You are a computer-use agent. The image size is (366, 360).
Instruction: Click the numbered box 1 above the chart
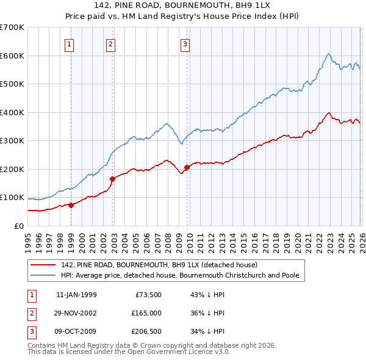pos(70,43)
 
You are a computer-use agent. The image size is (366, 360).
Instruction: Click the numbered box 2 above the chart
pos(110,43)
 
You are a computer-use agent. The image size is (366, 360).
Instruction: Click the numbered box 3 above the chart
pos(185,43)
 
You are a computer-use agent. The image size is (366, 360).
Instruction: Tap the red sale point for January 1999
pos(71,205)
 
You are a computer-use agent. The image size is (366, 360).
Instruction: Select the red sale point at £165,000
pos(113,179)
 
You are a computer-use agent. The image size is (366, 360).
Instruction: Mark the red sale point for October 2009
pos(187,167)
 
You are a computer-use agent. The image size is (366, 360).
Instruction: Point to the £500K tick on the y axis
pos(12,84)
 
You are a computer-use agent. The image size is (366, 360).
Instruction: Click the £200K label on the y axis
pos(12,169)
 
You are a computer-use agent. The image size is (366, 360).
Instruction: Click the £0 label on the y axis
pos(18,226)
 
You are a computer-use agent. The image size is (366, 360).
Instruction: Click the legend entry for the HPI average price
pos(180,275)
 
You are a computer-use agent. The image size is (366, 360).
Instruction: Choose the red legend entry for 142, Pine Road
pos(159,265)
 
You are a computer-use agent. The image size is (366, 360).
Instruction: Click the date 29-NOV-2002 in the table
pos(76,312)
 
